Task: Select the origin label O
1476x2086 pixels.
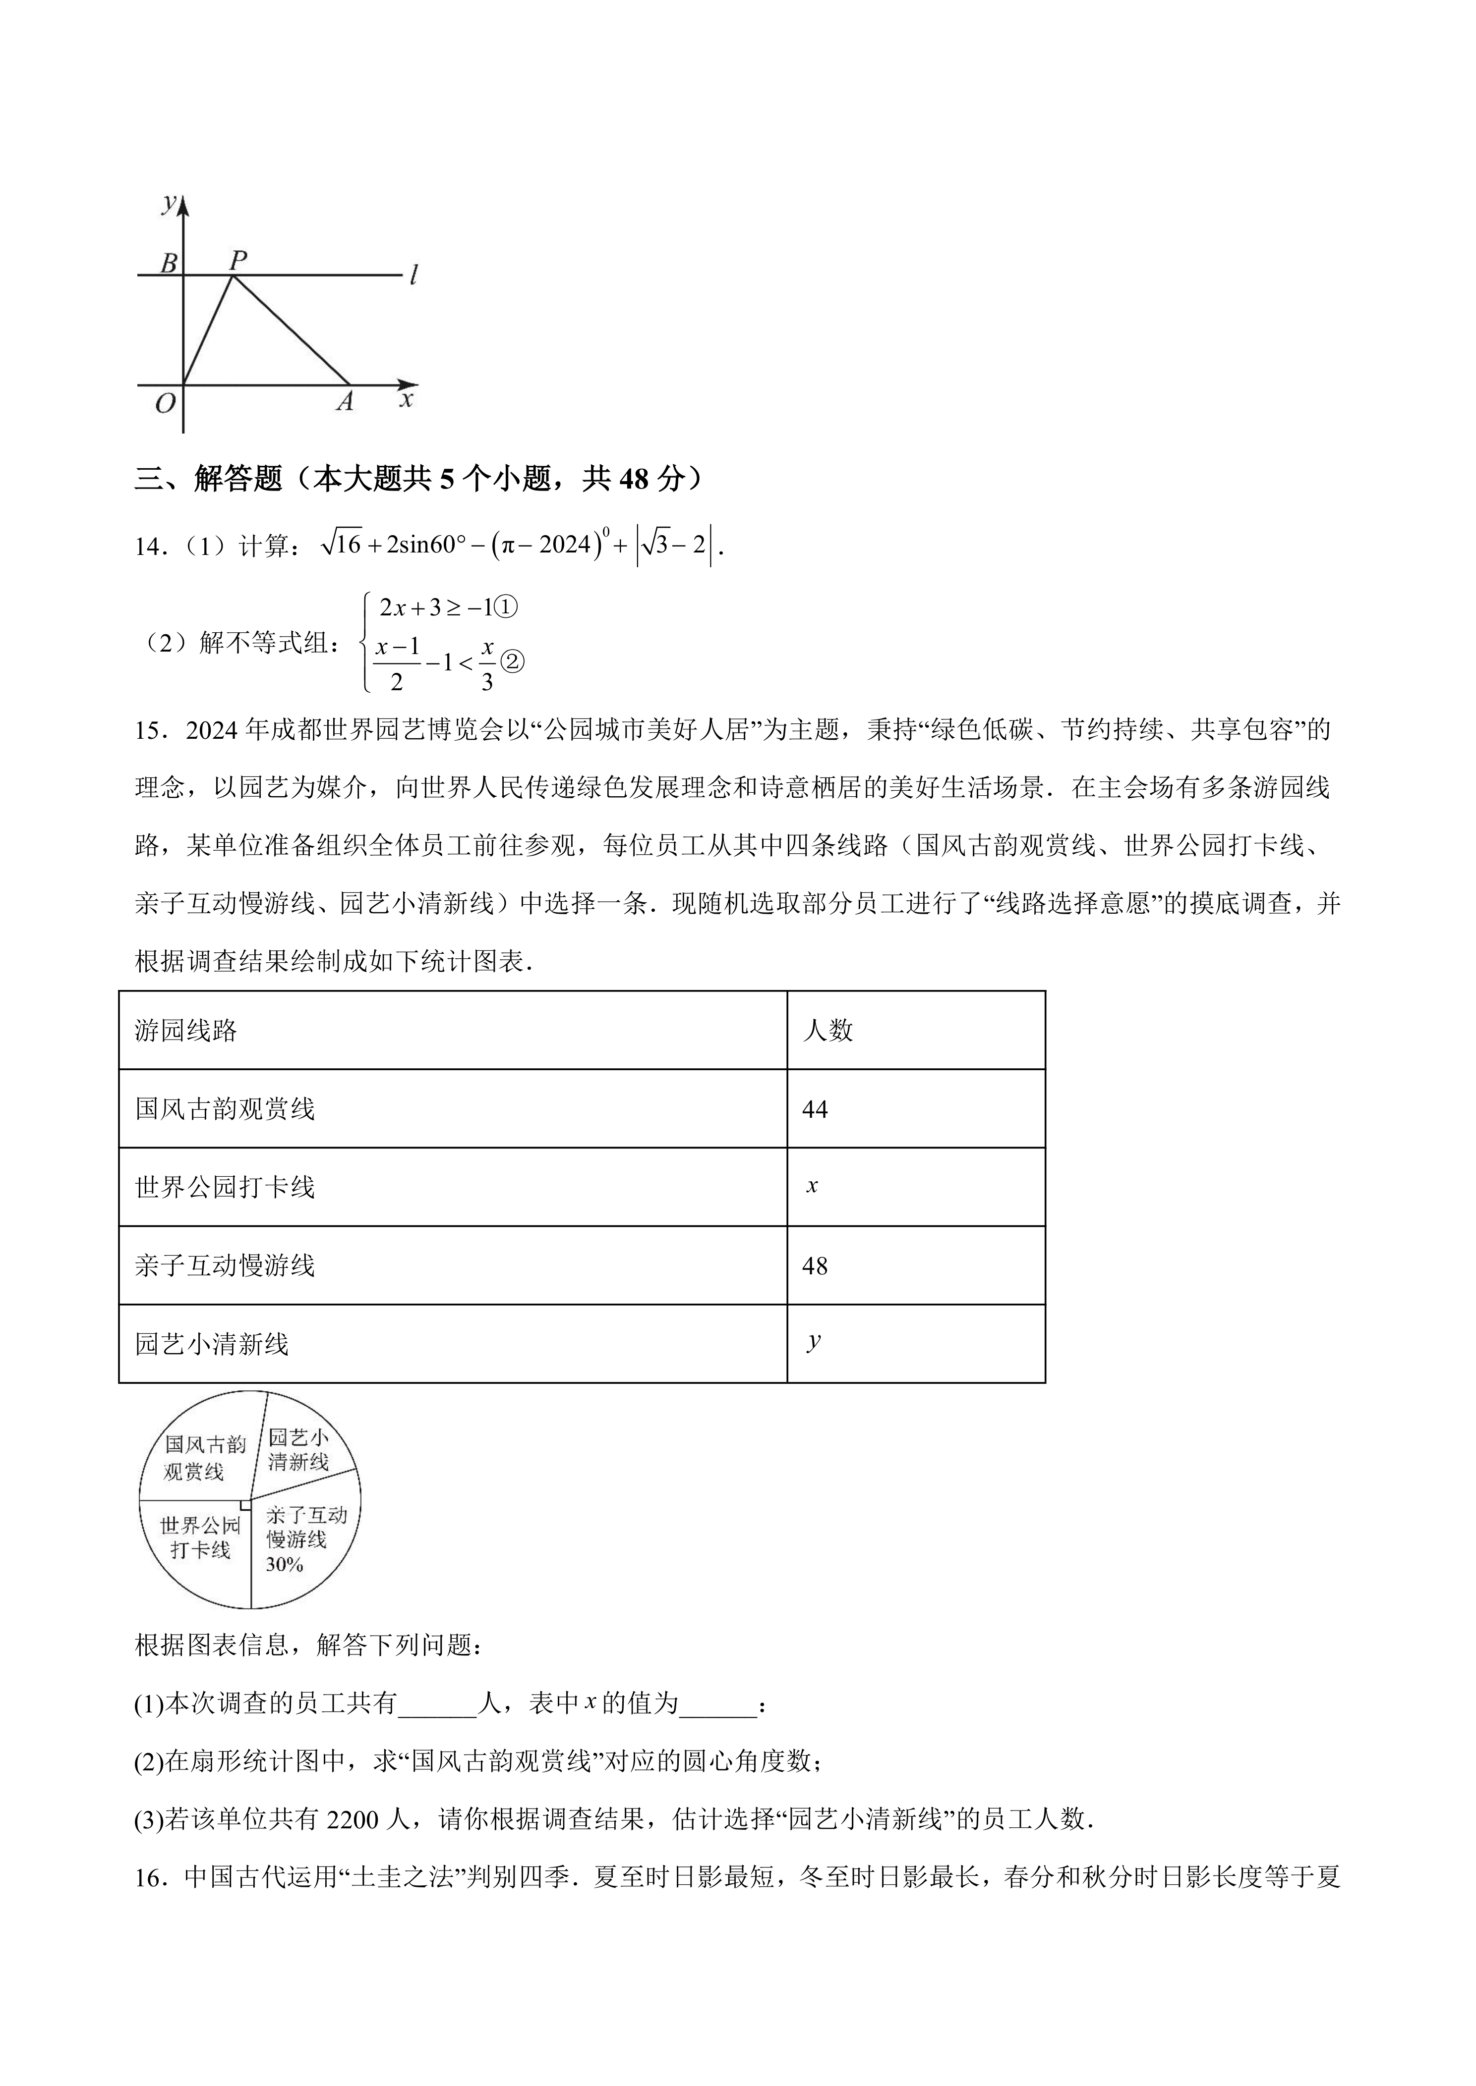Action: point(165,403)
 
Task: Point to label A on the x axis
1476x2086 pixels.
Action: point(345,401)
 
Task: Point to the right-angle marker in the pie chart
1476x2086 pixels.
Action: point(245,1504)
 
